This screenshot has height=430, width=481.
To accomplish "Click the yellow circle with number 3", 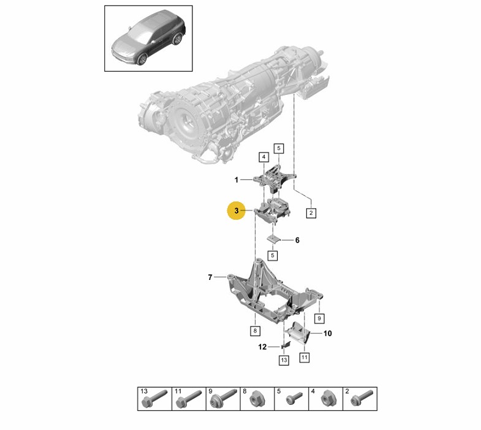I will [236, 210].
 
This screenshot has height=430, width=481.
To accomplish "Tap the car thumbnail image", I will [148, 37].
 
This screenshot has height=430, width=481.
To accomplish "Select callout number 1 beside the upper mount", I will [236, 180].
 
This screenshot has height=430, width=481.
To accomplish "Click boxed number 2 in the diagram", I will [311, 213].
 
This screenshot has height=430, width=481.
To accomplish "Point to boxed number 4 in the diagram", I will [263, 157].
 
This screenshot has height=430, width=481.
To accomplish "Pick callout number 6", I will [297, 240].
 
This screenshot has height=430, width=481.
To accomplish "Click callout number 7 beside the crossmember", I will [210, 277].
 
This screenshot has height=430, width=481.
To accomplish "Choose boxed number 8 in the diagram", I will [254, 331].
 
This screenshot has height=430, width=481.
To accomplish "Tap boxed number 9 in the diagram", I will [319, 318].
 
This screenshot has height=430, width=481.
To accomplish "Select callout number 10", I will [327, 334].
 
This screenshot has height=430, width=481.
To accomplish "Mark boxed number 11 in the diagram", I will [305, 356].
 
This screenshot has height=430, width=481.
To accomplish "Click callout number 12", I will [262, 347].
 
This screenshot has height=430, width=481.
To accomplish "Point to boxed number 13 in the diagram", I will [284, 361].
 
